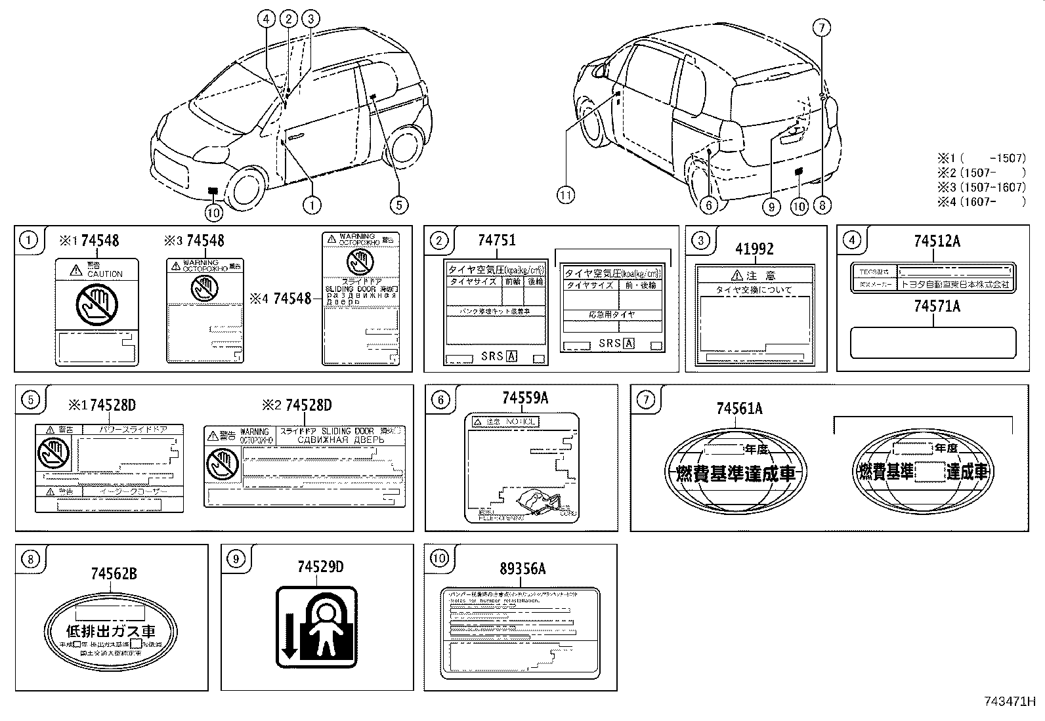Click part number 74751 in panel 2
tap(496, 241)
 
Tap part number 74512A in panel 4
tap(937, 241)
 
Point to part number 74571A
tap(937, 306)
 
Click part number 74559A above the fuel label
tap(525, 398)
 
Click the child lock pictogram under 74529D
tap(317, 627)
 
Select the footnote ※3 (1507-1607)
tap(981, 187)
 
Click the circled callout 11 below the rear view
tap(565, 194)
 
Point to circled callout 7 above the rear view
tap(821, 28)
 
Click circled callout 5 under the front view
tap(398, 205)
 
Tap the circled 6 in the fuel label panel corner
tap(440, 400)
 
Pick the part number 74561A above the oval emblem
tap(739, 409)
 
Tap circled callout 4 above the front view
tap(266, 19)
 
